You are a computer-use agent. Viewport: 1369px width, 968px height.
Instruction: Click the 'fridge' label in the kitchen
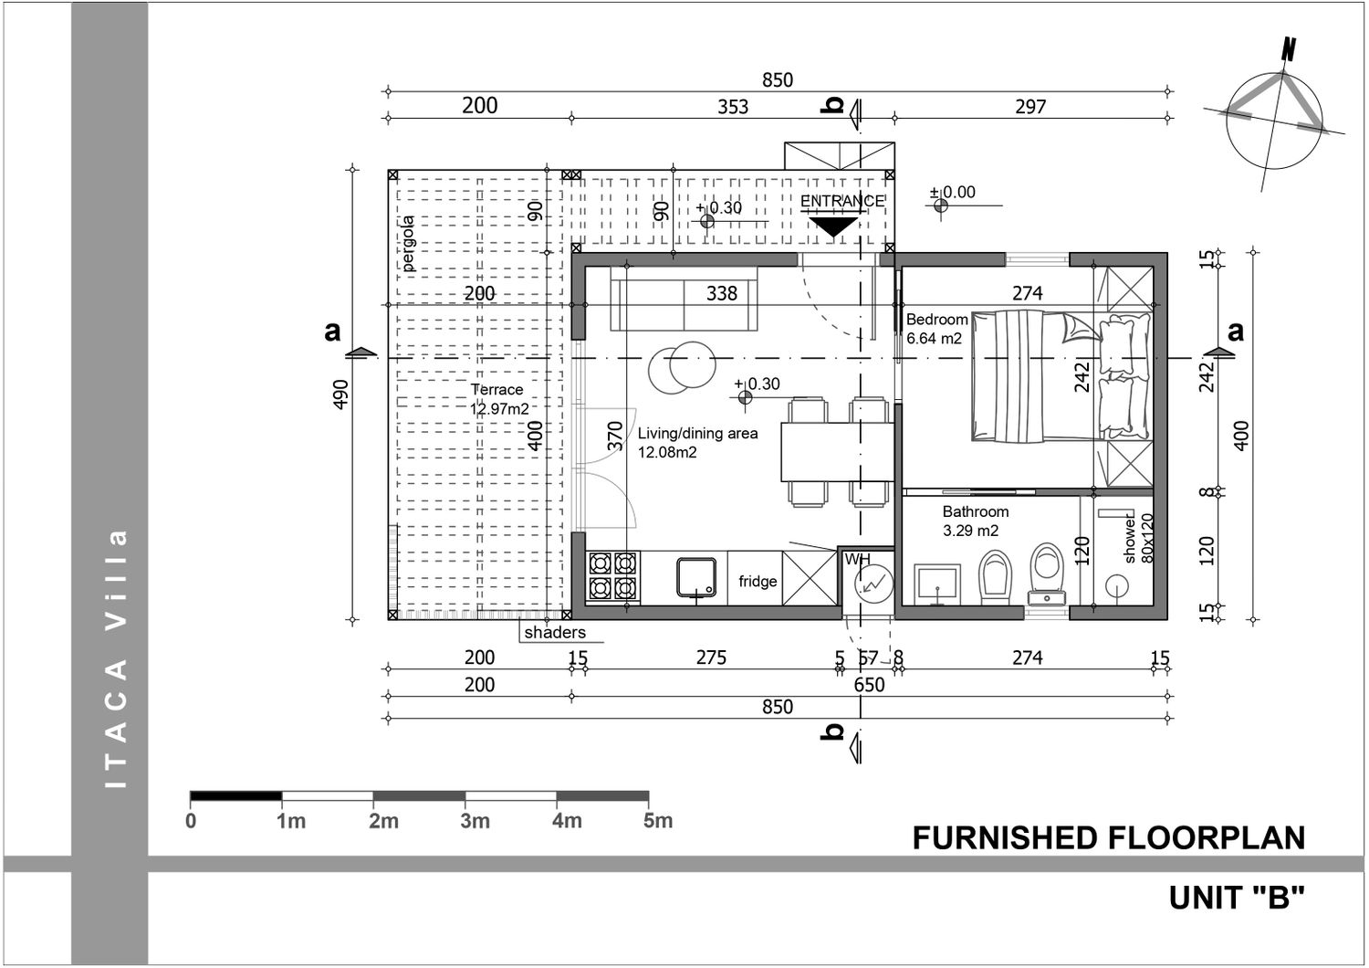coord(758,581)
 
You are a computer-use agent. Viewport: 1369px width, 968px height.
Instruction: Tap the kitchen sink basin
coord(696,576)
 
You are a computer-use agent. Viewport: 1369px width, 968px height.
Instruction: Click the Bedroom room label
coord(936,320)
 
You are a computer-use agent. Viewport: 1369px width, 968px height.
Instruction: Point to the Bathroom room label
coord(976,511)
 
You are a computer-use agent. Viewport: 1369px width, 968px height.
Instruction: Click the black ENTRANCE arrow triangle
coord(833,226)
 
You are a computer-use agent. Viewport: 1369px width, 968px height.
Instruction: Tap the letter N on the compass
coord(1289,49)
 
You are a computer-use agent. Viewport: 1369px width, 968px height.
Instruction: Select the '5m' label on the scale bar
coord(658,821)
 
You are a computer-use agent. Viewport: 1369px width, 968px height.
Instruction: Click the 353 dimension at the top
coord(733,107)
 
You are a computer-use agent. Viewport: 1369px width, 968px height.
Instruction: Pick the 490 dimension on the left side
coord(341,395)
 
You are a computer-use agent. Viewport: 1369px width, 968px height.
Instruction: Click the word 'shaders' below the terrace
coord(555,632)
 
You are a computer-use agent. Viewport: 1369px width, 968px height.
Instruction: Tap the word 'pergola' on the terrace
coord(408,244)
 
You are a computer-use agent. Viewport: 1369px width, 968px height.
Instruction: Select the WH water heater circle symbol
coord(873,584)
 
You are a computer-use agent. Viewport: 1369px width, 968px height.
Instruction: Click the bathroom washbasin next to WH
coord(937,584)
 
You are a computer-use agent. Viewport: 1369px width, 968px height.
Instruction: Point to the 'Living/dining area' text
coord(698,434)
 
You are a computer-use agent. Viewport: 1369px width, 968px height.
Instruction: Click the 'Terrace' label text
coord(496,390)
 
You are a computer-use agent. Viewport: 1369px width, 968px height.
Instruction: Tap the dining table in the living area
coord(837,453)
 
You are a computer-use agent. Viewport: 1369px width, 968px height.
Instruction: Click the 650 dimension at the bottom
coord(869,685)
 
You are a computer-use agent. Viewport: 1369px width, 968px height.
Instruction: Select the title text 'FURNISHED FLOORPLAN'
coord(1109,838)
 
